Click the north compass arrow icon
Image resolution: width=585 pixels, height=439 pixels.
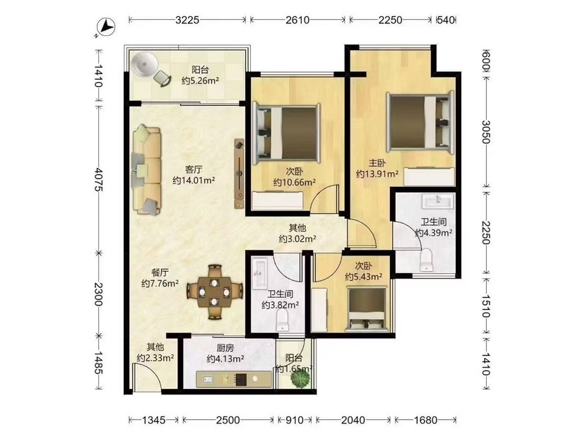105,28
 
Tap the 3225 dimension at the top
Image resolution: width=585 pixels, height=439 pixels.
187,20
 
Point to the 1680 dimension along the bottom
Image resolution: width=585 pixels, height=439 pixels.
425,420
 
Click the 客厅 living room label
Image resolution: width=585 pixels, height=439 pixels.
194,169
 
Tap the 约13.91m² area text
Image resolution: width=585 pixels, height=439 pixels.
377,174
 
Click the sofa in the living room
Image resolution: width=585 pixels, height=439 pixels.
146,170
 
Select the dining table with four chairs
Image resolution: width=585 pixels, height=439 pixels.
214,291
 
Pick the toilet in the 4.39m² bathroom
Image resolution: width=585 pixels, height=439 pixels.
426,260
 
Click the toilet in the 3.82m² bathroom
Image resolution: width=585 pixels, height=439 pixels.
283,320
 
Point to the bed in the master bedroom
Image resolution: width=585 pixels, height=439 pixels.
420,121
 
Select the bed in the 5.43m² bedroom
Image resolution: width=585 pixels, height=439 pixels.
367,309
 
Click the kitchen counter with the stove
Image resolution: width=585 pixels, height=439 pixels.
234,380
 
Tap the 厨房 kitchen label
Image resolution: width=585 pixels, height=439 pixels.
225,348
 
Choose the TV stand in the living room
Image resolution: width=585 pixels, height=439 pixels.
239,174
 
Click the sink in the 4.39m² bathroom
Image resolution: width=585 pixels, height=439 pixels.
437,201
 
